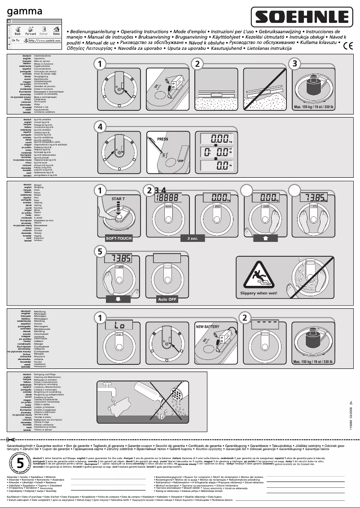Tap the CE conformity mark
(348, 45)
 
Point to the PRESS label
(162, 140)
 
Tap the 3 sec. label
(193, 238)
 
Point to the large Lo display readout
(119, 324)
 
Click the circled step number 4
(101, 127)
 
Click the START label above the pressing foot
(118, 198)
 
